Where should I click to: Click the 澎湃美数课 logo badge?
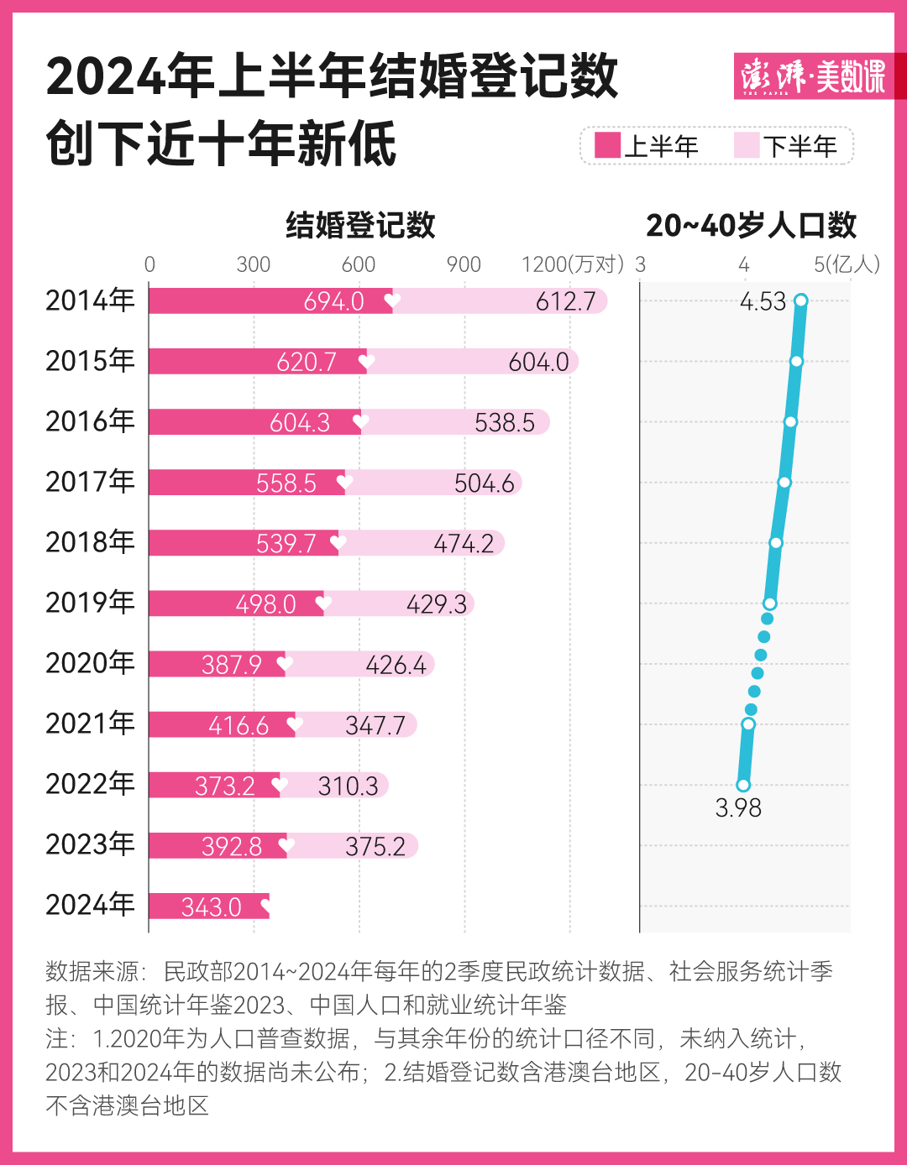coord(813,76)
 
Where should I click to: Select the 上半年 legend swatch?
coord(607,145)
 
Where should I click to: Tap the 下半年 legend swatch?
coord(746,145)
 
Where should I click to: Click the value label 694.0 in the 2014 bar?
coord(333,301)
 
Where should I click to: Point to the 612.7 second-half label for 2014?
coord(565,301)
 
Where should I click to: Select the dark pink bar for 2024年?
coord(208,906)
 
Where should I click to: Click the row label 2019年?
coord(90,603)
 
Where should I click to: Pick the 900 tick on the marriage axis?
coord(464,264)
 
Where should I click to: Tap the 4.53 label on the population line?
coord(763,301)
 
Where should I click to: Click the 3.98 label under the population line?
coord(737,807)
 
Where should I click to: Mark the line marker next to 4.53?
coord(801,300)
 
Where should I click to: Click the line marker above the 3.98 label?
coord(743,786)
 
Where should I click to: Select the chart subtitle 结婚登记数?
coord(360,225)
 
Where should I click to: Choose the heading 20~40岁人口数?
coord(751,225)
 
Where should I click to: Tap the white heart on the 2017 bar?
coord(344,482)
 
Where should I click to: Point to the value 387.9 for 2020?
coord(232,665)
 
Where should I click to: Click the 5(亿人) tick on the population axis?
coord(847,264)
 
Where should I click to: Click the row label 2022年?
coord(90,784)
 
